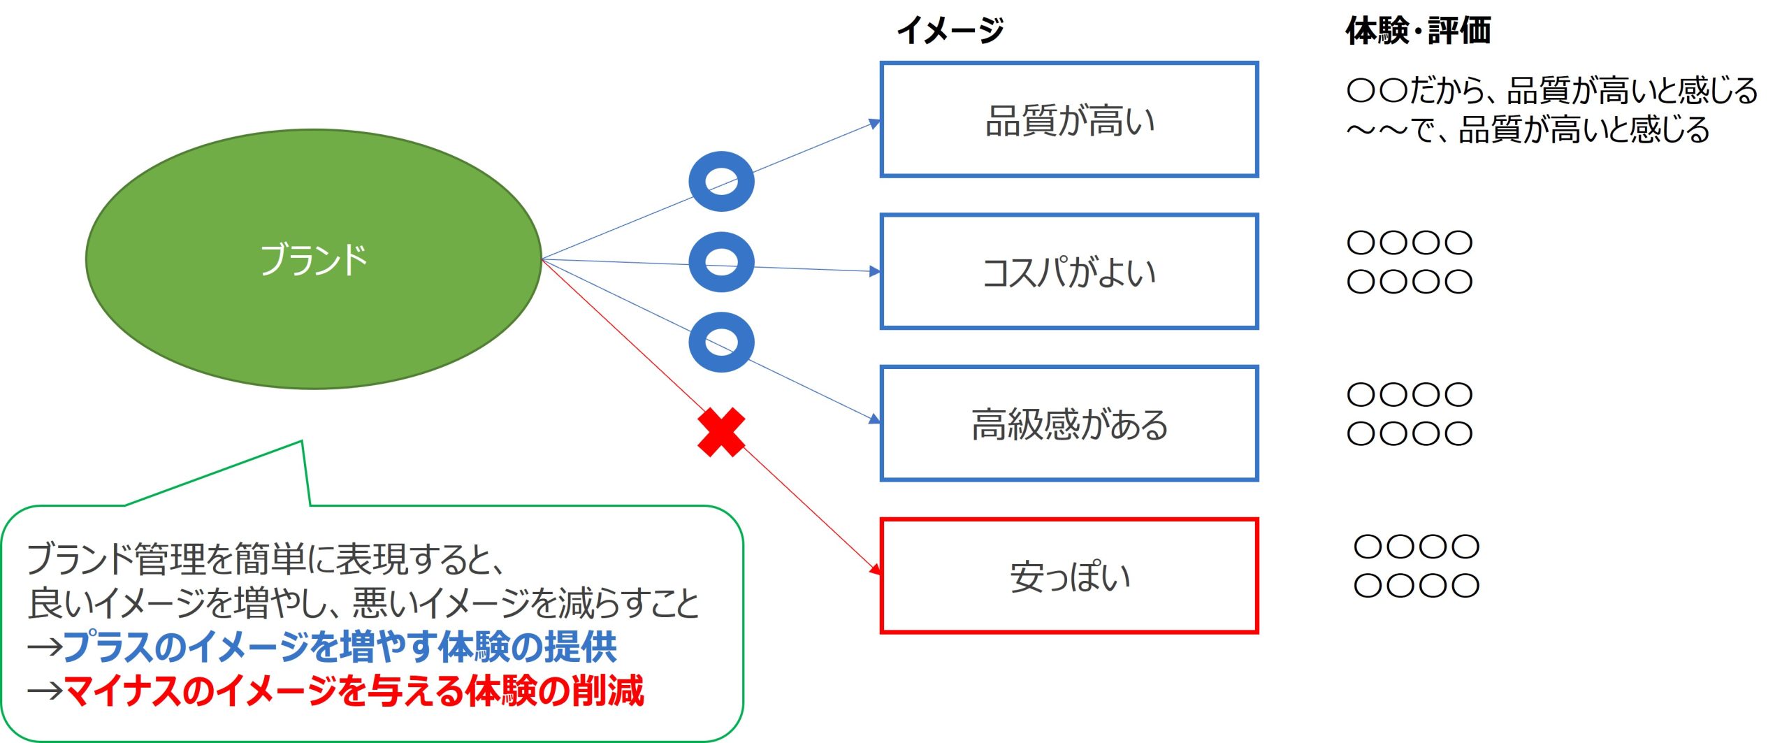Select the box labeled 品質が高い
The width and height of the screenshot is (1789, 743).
(1069, 120)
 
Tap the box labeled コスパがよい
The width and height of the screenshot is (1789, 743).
(1069, 271)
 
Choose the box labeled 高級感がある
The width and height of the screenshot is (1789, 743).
(1069, 424)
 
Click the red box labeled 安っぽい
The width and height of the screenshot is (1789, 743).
(1069, 576)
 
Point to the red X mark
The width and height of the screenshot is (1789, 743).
(721, 433)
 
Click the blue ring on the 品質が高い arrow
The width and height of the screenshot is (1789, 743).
(721, 182)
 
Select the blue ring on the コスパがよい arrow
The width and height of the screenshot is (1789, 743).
(721, 262)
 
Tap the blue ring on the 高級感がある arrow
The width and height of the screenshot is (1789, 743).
(721, 342)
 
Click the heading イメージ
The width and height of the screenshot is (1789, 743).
(950, 31)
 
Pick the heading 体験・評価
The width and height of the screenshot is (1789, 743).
(1418, 31)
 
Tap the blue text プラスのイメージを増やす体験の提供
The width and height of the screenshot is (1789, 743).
(340, 646)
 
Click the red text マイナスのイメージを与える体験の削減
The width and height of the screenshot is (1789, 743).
(354, 691)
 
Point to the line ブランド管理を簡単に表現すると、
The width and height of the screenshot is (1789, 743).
(266, 558)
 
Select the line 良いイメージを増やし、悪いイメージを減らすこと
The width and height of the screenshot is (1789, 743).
(363, 603)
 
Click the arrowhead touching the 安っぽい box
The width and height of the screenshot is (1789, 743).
(875, 569)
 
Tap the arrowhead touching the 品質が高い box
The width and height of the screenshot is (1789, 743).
(874, 124)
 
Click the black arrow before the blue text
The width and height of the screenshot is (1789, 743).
(45, 647)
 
